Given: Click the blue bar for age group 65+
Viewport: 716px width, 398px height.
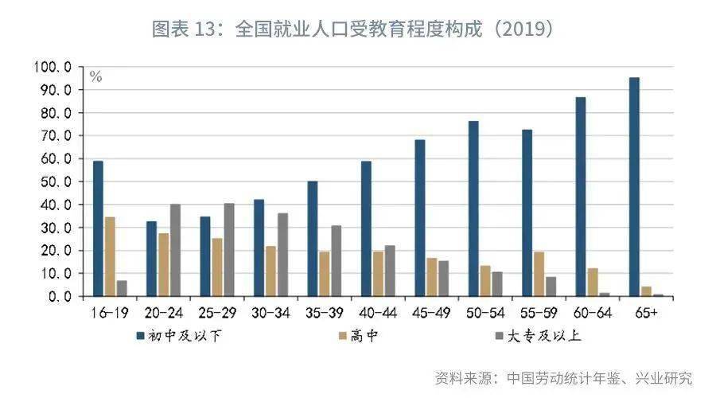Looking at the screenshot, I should tap(634, 187).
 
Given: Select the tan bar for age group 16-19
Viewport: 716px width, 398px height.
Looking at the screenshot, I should tap(110, 256).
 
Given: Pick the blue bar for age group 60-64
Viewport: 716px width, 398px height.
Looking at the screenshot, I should tap(581, 197).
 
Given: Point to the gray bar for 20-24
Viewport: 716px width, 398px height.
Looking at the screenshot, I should tap(176, 250).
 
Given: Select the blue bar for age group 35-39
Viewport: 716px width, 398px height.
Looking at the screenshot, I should tap(313, 239).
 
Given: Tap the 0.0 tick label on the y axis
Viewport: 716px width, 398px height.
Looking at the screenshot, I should tap(60, 296).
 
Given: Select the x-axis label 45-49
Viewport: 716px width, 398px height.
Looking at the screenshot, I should tap(431, 313).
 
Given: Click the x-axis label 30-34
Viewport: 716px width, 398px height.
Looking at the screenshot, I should tap(270, 313).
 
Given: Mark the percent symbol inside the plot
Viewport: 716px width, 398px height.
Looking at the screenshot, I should tap(95, 77).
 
